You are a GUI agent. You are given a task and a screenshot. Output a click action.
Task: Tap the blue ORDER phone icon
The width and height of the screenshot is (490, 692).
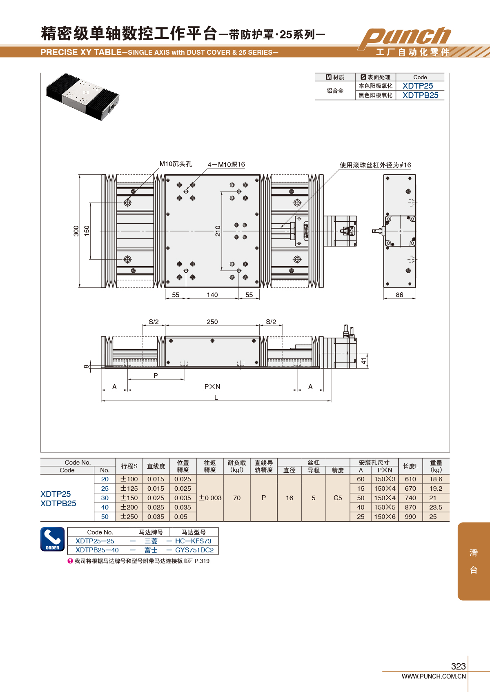(52, 539)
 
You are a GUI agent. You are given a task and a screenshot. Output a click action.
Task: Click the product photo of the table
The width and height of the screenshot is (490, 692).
(82, 97)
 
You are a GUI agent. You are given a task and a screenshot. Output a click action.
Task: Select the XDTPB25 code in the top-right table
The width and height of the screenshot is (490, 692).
(420, 95)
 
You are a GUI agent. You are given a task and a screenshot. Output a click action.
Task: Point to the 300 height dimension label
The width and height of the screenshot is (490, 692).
(76, 231)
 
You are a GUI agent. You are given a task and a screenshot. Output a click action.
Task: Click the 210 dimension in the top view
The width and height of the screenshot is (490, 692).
(218, 231)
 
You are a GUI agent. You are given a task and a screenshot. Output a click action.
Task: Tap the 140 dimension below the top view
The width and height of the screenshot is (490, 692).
(212, 295)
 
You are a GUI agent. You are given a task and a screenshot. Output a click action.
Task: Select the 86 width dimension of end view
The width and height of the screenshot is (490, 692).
(399, 295)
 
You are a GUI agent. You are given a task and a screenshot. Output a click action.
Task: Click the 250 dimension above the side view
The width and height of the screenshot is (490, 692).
(212, 322)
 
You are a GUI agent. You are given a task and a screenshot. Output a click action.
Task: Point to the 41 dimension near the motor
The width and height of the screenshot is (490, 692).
(364, 360)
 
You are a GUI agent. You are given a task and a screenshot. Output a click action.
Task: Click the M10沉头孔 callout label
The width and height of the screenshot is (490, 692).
(176, 164)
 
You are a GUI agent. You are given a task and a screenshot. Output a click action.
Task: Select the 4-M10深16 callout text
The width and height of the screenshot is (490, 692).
(226, 165)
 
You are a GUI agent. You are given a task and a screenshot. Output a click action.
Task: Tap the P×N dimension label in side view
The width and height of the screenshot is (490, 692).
(212, 387)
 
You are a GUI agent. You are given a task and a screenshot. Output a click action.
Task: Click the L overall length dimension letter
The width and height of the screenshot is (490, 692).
(216, 397)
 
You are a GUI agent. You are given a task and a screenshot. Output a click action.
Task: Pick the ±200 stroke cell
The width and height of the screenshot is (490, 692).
(129, 507)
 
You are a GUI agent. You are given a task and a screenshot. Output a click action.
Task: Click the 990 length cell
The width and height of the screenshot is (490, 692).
(410, 516)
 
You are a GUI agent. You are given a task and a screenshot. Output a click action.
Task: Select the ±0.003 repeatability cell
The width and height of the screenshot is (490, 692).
(210, 498)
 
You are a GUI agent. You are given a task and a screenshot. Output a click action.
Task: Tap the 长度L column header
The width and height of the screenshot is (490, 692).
(410, 466)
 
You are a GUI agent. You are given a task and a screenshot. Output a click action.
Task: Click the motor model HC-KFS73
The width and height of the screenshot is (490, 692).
(193, 541)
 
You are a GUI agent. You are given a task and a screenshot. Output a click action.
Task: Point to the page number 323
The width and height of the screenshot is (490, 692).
(459, 666)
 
